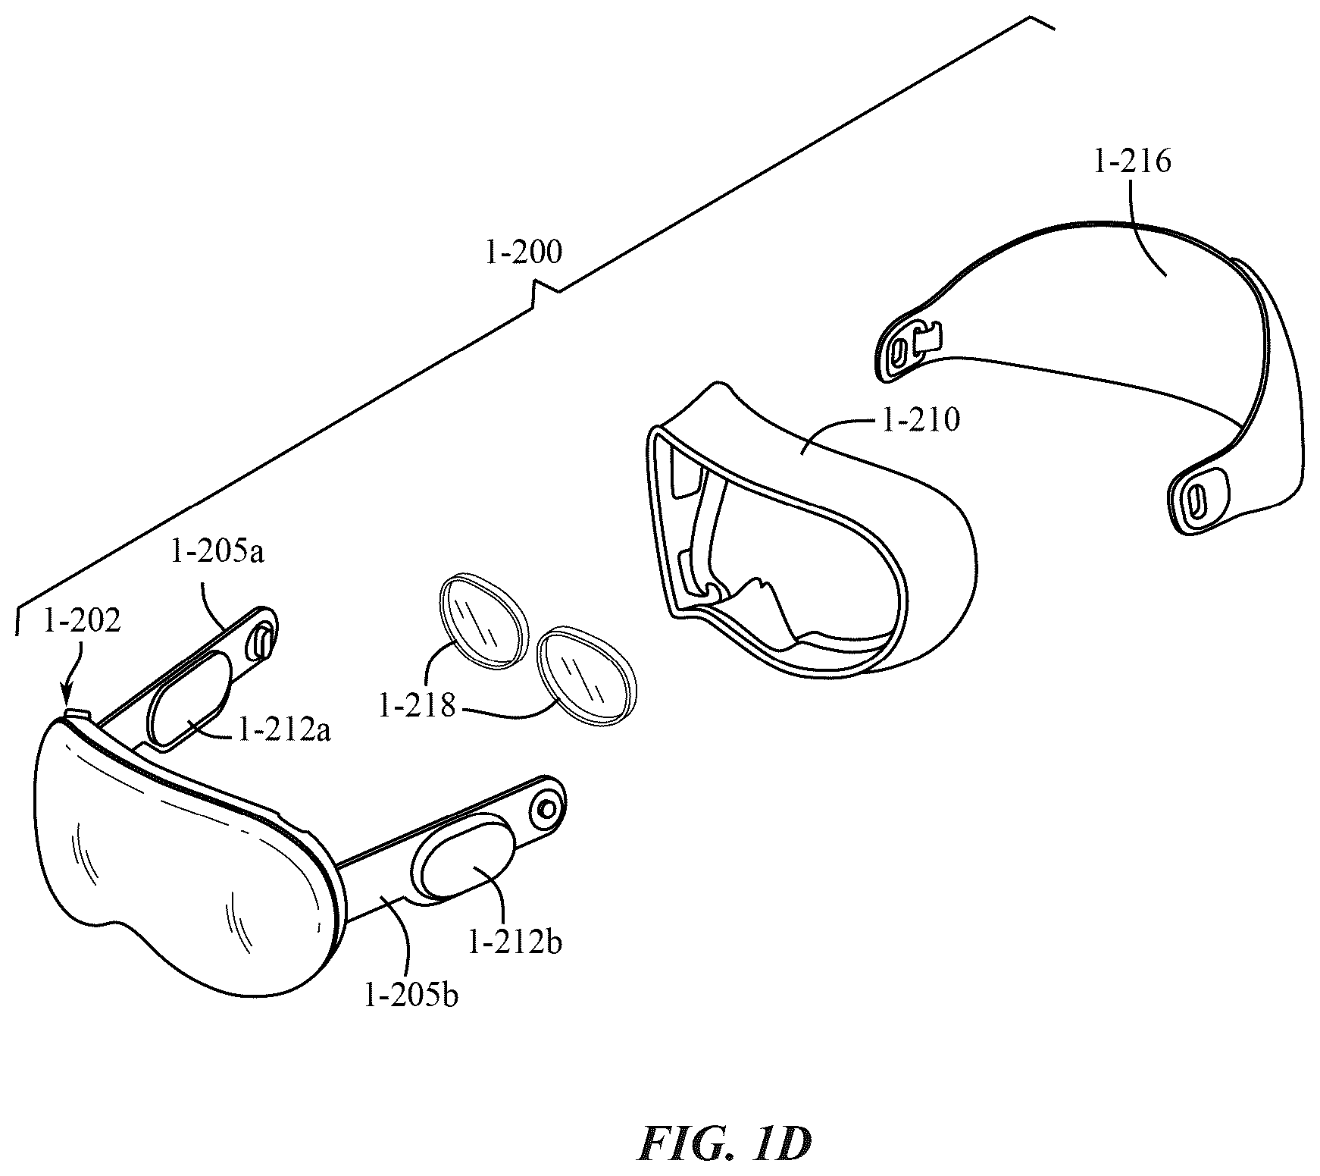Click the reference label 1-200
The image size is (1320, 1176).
523,252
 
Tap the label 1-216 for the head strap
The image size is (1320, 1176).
1132,162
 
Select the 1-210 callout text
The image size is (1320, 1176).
921,419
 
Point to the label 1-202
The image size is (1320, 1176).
82,621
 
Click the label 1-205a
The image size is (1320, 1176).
217,553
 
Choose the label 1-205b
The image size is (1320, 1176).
411,995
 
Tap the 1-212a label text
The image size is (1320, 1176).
284,732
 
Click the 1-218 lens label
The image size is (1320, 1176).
417,707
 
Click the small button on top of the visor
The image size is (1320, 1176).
79,713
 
